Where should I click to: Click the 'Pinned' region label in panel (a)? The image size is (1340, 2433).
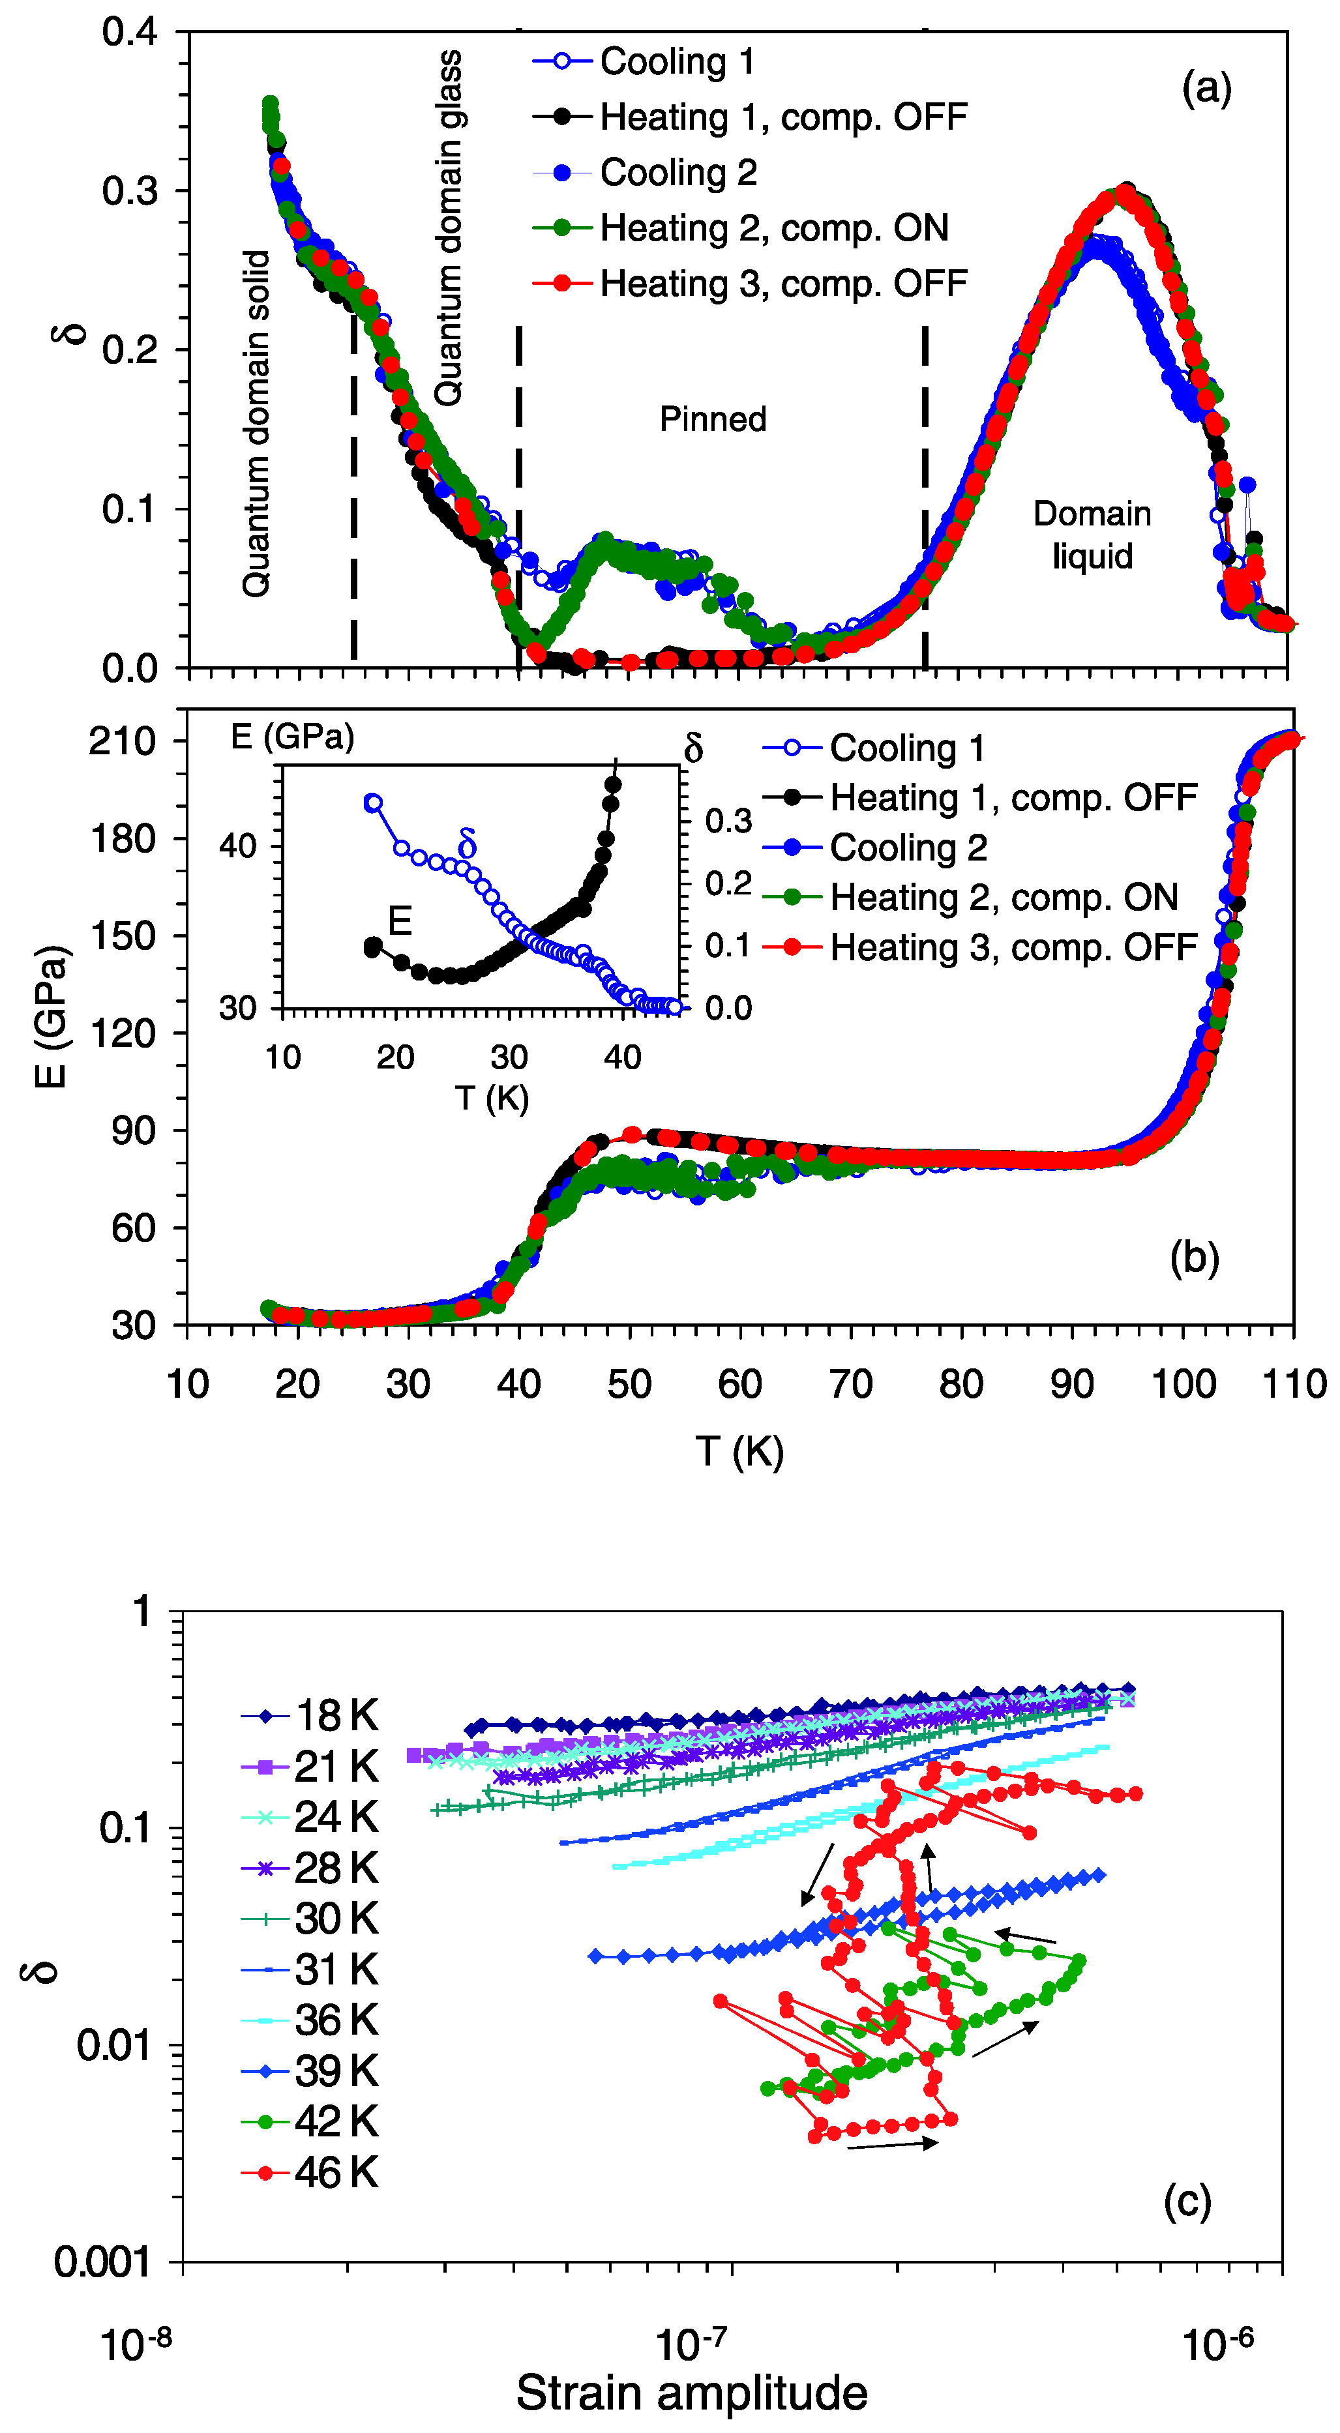click(x=713, y=419)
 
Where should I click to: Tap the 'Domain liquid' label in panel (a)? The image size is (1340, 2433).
click(x=1092, y=535)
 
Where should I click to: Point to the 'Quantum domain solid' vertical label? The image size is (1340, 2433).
click(x=256, y=423)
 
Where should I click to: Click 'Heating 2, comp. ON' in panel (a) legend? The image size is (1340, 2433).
click(x=773, y=228)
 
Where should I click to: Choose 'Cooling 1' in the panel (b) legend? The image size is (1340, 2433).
click(x=906, y=748)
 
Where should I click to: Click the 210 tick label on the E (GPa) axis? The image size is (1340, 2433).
click(x=122, y=741)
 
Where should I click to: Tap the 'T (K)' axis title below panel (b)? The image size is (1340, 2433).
click(x=739, y=1451)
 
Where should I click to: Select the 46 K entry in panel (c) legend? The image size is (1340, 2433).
click(x=335, y=2172)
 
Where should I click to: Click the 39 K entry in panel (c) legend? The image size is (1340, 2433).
click(x=335, y=2071)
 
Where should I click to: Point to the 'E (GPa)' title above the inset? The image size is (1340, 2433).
click(x=292, y=737)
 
